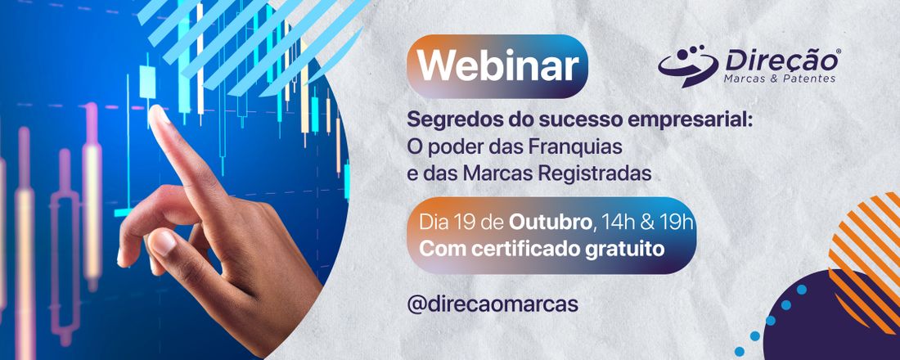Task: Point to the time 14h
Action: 615,221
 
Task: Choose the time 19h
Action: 676,221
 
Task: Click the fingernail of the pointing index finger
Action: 160,114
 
